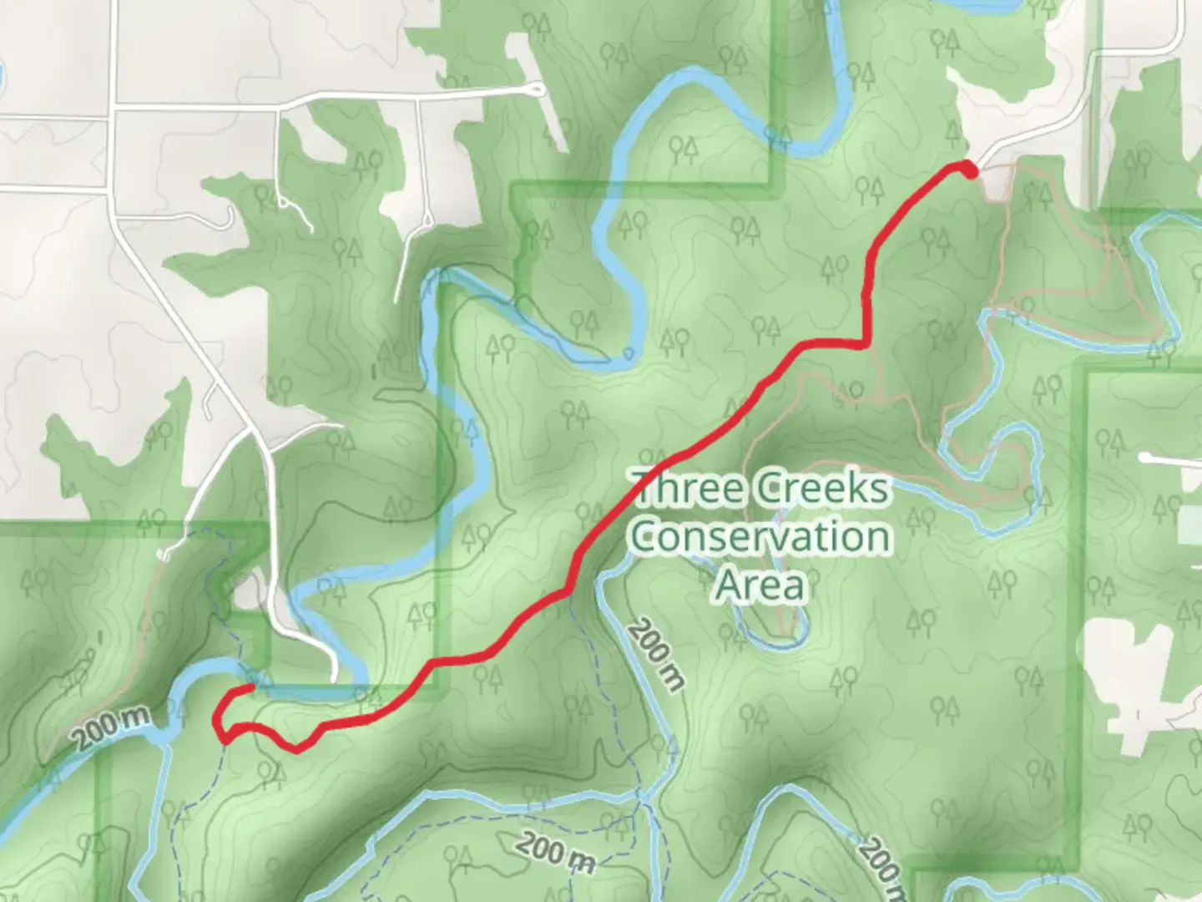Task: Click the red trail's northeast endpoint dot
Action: [968, 170]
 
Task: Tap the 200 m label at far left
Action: [110, 727]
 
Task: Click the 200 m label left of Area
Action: [656, 654]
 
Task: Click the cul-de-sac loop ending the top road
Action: [537, 89]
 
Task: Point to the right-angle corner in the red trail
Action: [866, 343]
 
